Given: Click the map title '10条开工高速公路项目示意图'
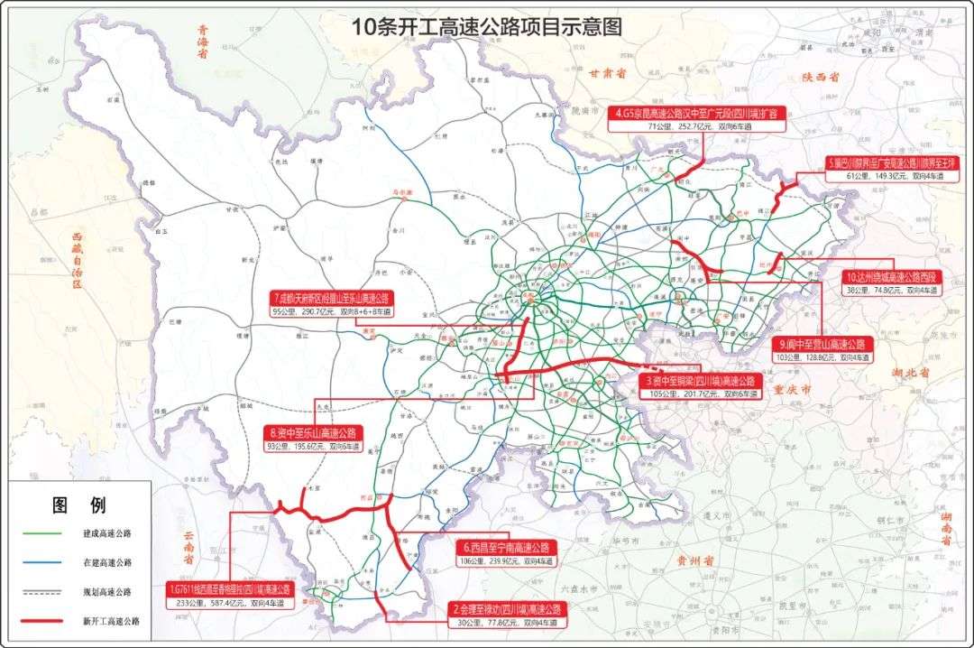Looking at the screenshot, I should (487, 27).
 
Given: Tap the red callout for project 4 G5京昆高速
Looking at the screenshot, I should (698, 114).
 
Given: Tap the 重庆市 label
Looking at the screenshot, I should (793, 390).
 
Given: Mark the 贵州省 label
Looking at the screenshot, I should (694, 560).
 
